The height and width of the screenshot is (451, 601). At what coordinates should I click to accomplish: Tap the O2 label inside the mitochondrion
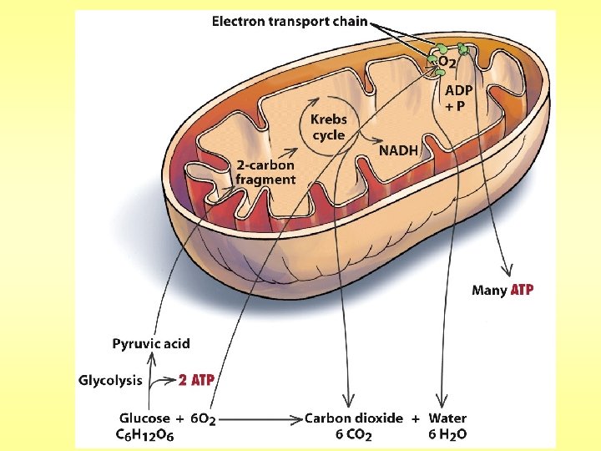point(446,61)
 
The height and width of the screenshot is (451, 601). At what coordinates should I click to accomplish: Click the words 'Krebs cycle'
point(329,128)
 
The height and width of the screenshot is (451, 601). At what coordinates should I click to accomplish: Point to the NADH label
point(398,150)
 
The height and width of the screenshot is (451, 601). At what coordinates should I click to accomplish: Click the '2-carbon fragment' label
point(265,172)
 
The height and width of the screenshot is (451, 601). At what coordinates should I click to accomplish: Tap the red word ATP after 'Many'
point(522,291)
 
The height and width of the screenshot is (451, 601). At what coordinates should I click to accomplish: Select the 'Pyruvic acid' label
point(151,343)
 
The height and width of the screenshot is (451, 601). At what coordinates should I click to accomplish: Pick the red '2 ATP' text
point(197,380)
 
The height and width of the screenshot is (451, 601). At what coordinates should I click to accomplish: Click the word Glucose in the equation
point(144,418)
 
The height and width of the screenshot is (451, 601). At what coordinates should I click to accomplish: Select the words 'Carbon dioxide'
point(353,418)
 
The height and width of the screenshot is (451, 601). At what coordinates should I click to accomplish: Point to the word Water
point(447,418)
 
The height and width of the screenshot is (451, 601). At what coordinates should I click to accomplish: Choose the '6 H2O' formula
point(447,434)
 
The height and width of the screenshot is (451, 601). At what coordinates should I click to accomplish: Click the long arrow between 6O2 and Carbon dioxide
point(260,418)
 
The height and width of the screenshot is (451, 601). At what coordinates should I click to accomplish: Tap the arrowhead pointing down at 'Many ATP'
point(506,269)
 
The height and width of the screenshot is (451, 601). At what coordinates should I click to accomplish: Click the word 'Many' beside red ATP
point(489,291)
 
